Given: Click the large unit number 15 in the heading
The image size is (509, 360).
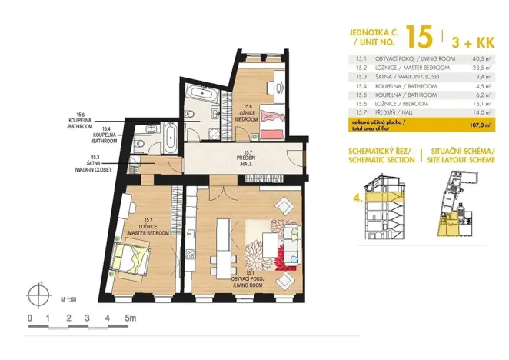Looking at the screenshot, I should pyautogui.click(x=419, y=36).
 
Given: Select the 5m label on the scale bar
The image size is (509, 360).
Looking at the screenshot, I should pyautogui.click(x=130, y=318).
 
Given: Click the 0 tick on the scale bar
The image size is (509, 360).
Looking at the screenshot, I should pyautogui.click(x=29, y=318).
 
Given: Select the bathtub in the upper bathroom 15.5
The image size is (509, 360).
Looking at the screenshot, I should pyautogui.click(x=201, y=95).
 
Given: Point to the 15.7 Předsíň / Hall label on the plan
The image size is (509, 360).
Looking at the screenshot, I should pyautogui.click(x=245, y=159).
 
